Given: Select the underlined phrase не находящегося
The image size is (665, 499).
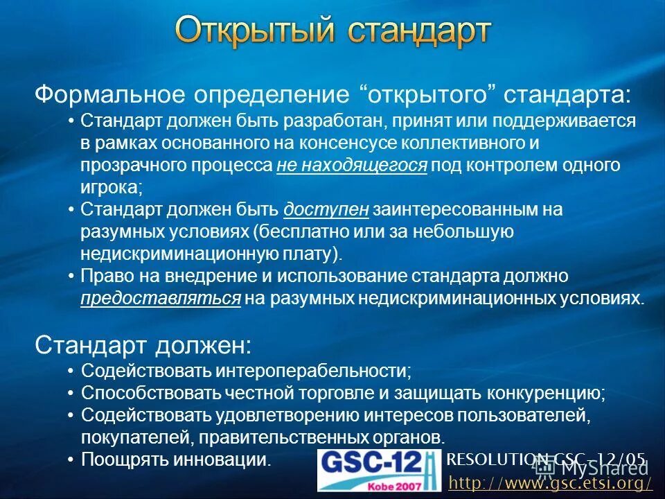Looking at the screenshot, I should [352, 166].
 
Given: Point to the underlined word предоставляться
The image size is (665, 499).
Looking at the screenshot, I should [161, 298].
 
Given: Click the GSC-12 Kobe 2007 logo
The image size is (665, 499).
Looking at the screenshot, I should [379, 470].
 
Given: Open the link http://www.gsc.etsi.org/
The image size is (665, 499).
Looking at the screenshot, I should [550, 482].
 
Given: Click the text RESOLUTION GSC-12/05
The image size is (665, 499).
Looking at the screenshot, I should [547, 458].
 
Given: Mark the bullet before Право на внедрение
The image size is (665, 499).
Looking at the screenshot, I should [71, 277].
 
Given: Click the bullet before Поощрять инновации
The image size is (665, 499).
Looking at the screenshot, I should [71, 459].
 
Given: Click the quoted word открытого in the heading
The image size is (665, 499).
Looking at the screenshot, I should [429, 94].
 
